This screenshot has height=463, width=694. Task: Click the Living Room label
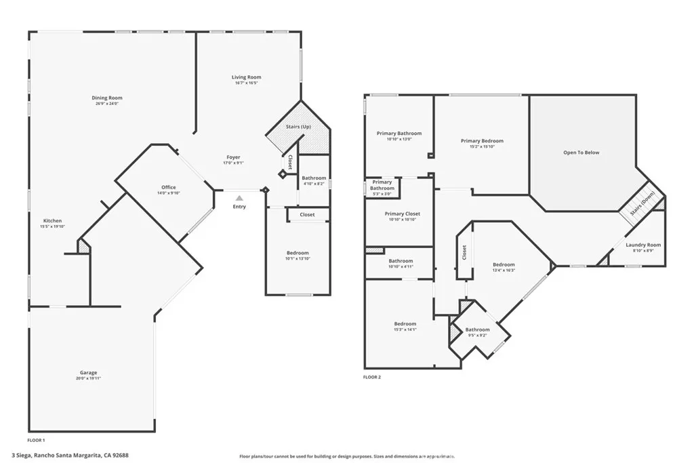[246, 77]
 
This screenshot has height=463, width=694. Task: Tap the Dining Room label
[107, 98]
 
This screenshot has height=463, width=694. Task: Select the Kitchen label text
[52, 221]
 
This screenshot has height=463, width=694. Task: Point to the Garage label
[89, 372]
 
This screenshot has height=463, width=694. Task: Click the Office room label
[169, 187]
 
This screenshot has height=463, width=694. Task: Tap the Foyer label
[232, 157]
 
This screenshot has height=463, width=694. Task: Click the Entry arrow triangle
[239, 198]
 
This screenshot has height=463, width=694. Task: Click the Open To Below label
[581, 153]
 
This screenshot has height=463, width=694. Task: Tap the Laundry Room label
[642, 245]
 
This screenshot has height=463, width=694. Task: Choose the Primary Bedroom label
[482, 141]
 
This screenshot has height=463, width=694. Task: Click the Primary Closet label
[403, 214]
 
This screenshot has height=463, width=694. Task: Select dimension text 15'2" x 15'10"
[482, 147]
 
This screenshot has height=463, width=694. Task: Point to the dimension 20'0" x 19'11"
[89, 378]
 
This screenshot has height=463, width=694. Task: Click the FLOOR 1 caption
[37, 430]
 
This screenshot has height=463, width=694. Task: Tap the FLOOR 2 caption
[372, 377]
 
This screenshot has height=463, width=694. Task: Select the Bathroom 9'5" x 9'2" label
[477, 330]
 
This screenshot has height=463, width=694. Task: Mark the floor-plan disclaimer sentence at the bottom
[346, 456]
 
